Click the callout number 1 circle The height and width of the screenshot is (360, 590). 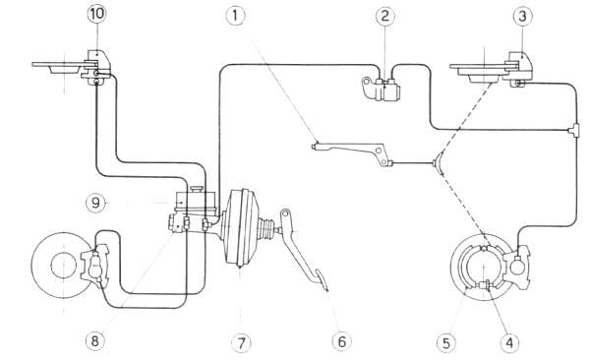pos(236,16)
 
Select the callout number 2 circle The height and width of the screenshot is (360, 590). pos(384,16)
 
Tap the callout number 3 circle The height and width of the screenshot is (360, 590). pos(522,16)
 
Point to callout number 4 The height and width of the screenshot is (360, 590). pos(509,343)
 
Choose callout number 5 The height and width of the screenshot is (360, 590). pos(446,343)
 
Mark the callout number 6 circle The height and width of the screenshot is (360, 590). pos(341,342)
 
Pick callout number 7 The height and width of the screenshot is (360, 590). pos(241,342)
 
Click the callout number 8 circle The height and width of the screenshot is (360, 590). pos(94,341)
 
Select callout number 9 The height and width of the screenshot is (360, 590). pos(95,203)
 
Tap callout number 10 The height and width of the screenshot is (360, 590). pos(96,14)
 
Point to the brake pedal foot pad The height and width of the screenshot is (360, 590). pos(321,279)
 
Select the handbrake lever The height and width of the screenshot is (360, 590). pos(351,152)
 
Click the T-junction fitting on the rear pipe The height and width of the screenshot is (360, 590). pos(574,130)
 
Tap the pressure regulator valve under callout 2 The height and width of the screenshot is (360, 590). pos(381,89)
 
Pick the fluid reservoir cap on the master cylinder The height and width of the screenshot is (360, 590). pos(197,188)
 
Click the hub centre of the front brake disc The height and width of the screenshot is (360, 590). pos(64,266)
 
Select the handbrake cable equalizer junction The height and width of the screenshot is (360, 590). pos(439,162)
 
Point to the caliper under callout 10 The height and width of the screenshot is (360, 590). pos(96,68)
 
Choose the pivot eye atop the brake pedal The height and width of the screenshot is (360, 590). pos(285,213)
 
